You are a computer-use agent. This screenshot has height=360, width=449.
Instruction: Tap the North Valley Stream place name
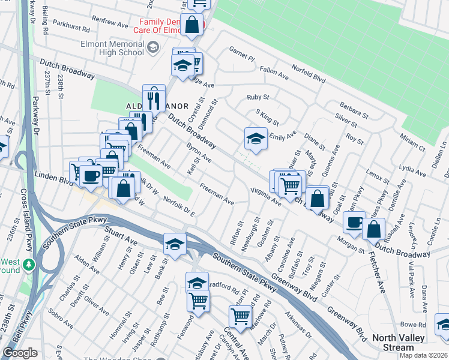point(401,343)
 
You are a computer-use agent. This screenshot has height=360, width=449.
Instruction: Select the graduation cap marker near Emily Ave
point(255,139)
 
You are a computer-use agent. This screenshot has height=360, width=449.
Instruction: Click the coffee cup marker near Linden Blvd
point(91,175)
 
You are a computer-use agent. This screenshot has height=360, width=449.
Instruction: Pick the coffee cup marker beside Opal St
point(354,222)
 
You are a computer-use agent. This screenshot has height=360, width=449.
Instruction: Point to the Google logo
point(20,353)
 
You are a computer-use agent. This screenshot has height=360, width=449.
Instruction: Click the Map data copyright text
point(423,355)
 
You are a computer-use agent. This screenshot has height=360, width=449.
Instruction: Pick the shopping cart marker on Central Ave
point(241,317)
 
